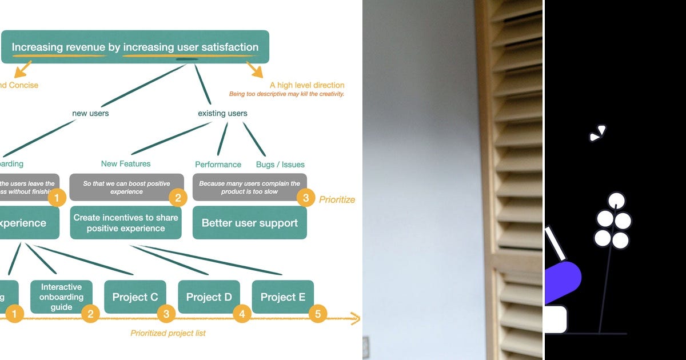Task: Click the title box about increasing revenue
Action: point(135,47)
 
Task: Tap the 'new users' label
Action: point(90,113)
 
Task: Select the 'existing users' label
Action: point(222,113)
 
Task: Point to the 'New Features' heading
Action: point(126,163)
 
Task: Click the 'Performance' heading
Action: point(218,165)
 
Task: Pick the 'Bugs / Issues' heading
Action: point(280,165)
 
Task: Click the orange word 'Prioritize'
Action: point(337,199)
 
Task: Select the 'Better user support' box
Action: point(250,223)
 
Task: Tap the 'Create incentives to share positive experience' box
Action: point(126,223)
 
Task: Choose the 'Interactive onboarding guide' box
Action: point(61,297)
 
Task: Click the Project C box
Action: point(135,297)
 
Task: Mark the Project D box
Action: point(209,297)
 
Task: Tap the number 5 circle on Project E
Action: point(317,313)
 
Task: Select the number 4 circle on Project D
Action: point(242,313)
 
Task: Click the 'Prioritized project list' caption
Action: point(168,333)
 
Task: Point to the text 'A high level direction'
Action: point(307,85)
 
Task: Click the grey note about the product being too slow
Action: point(249,187)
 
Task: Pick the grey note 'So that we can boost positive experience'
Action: point(126,187)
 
